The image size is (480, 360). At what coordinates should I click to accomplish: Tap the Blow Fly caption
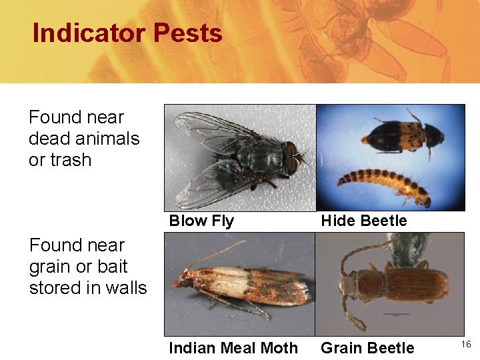coord(201,221)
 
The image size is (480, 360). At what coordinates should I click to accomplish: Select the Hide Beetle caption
coord(363,221)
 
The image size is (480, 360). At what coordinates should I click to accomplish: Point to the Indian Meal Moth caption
coord(233,347)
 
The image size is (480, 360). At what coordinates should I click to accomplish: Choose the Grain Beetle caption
coord(367,347)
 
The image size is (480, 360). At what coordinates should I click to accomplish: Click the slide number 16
coord(466,344)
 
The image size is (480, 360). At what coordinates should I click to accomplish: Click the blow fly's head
coord(291,157)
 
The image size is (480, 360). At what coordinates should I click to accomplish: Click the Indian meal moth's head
coord(181,281)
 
